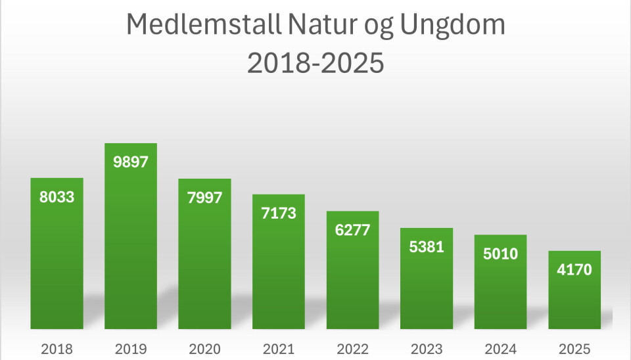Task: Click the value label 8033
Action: pyautogui.click(x=57, y=197)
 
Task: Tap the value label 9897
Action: pyautogui.click(x=131, y=162)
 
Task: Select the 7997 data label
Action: pyautogui.click(x=204, y=198)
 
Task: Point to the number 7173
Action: pyautogui.click(x=278, y=214)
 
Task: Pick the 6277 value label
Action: pyautogui.click(x=352, y=231)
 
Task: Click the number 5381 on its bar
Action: pyautogui.click(x=426, y=247)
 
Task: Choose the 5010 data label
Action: pyautogui.click(x=500, y=254)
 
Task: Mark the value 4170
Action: pyautogui.click(x=574, y=269)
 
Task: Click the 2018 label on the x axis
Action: pyautogui.click(x=57, y=348)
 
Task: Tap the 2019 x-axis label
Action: pyautogui.click(x=131, y=348)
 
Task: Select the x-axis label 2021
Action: pyautogui.click(x=278, y=348)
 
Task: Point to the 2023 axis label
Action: pyautogui.click(x=426, y=348)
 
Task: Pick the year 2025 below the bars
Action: pyautogui.click(x=574, y=348)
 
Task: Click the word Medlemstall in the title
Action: pyautogui.click(x=201, y=26)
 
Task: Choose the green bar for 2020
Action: pyautogui.click(x=204, y=276)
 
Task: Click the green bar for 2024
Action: pyautogui.click(x=500, y=296)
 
